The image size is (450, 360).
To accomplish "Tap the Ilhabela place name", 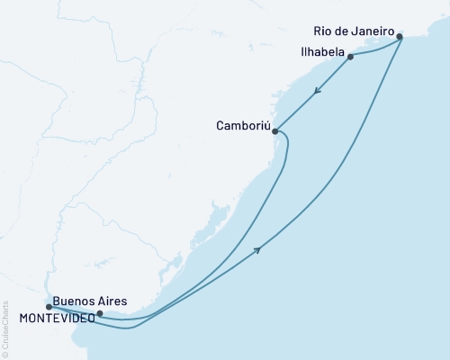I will click(x=317, y=53).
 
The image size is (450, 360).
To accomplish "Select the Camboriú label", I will click(x=241, y=126).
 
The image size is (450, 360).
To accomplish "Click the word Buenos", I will click(x=73, y=301).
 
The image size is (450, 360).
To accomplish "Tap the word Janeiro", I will click(x=373, y=28).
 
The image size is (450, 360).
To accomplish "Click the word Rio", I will click(x=325, y=28).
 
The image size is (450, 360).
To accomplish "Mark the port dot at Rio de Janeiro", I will click(x=400, y=37).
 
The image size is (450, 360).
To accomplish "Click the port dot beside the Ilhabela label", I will click(x=350, y=56).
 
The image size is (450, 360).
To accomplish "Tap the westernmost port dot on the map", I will click(x=49, y=307).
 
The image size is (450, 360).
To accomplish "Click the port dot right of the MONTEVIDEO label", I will click(x=99, y=314).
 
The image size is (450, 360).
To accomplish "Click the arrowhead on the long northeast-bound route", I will click(x=259, y=249).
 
